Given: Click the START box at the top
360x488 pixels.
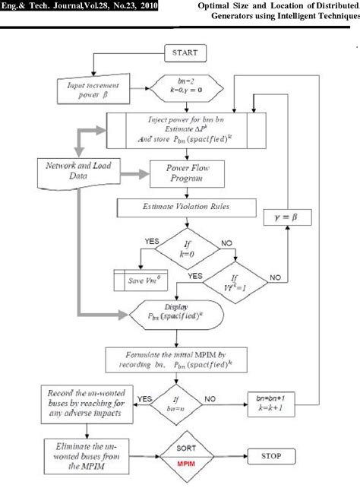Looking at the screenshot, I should click(x=185, y=53).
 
